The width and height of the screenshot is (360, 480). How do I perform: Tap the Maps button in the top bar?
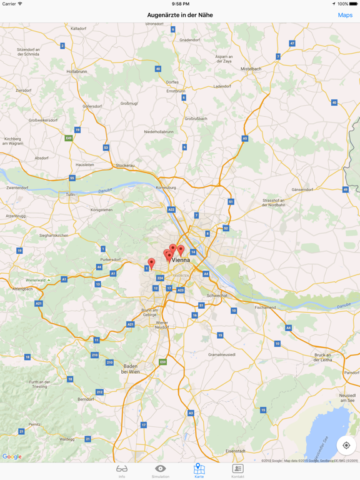pos(345,15)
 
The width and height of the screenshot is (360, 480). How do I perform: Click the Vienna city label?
pos(181,259)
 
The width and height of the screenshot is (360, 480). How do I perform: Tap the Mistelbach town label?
pos(251,69)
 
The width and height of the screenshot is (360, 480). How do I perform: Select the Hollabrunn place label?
pos(77,71)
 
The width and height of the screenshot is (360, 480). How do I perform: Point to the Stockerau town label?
pos(126,166)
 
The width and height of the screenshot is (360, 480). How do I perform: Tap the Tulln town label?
pos(70,194)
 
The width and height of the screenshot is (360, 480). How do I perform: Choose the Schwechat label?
pos(217,296)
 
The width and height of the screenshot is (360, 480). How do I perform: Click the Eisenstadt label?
pos(236,451)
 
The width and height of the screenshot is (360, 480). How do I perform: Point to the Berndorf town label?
pos(86,399)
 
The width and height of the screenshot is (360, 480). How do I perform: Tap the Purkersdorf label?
pos(110,259)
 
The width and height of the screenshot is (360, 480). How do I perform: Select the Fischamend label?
pos(265,307)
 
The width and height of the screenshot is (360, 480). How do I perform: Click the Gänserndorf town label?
pos(302,189)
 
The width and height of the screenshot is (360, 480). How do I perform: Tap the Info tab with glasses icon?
pos(122,471)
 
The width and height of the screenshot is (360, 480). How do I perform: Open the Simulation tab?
pos(160,471)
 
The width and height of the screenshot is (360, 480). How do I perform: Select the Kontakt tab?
pos(237,471)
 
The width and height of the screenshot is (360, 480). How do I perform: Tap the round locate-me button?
pos(346,446)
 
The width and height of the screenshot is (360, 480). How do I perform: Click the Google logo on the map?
pos(12,457)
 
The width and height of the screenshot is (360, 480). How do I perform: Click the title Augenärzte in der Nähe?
pos(180,15)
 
